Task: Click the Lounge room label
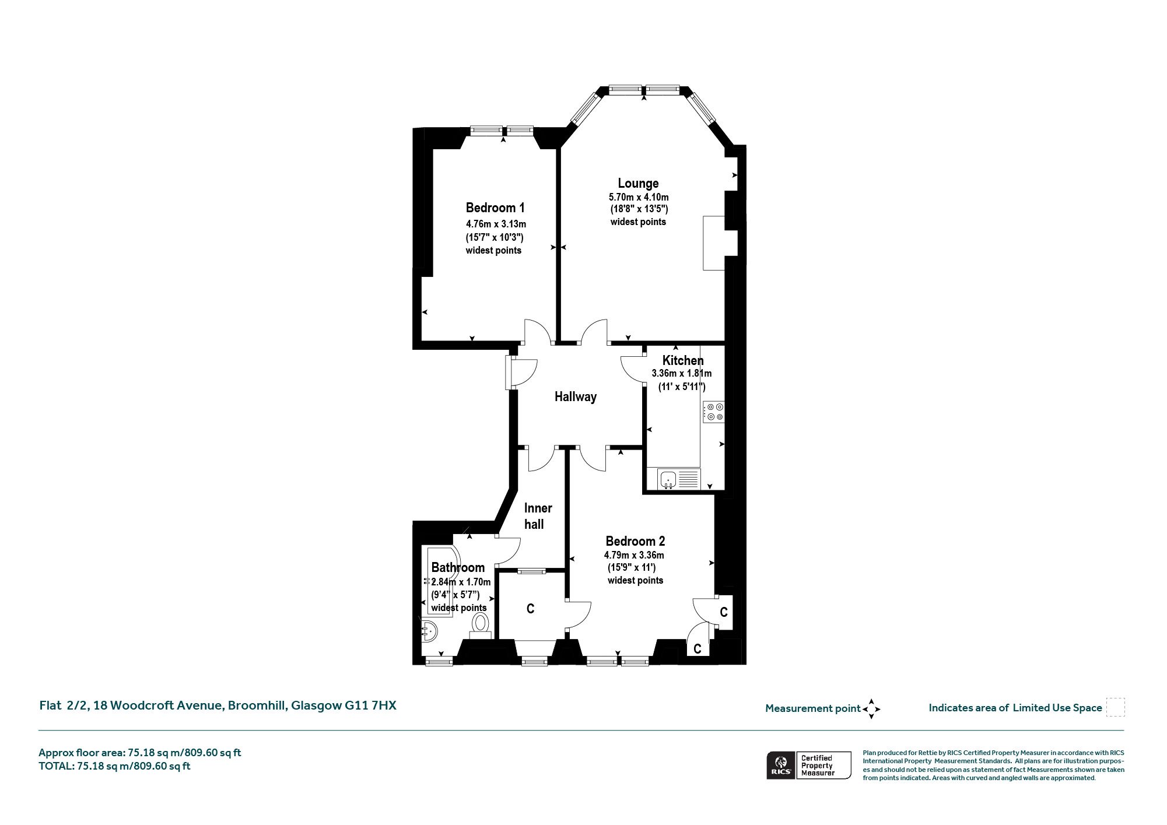(x=638, y=184)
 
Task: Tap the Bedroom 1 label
(x=495, y=208)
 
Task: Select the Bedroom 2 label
(x=635, y=541)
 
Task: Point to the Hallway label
(x=576, y=397)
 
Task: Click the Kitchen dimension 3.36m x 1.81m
(x=682, y=374)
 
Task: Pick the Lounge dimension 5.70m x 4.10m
(x=639, y=197)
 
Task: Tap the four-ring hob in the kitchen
(x=714, y=412)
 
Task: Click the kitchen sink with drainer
(x=678, y=479)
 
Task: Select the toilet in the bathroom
(x=481, y=625)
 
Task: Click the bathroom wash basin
(x=429, y=630)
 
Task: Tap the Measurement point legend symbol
(x=871, y=709)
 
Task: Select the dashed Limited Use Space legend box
(x=1115, y=707)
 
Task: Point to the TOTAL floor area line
(x=114, y=766)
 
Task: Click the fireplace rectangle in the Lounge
(x=714, y=243)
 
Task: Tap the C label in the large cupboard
(x=530, y=609)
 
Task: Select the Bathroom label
(x=458, y=568)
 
